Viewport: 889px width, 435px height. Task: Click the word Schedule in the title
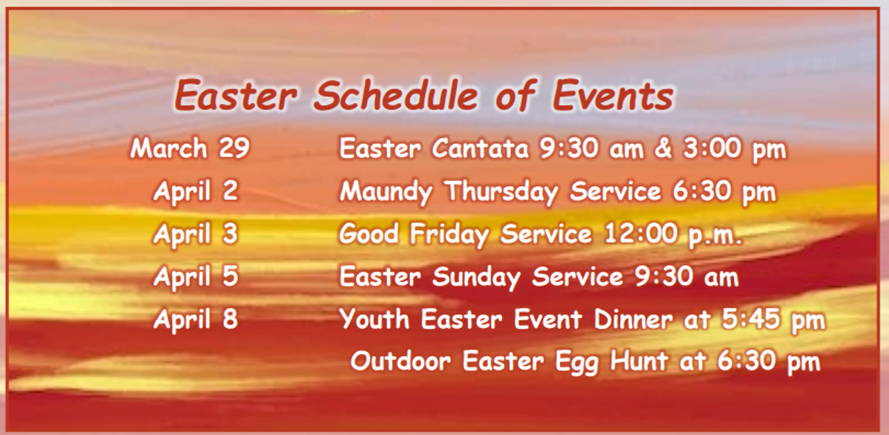point(395,95)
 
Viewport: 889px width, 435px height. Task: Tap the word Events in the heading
point(612,95)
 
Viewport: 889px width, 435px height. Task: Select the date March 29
point(189,149)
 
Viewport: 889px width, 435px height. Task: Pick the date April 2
point(196,191)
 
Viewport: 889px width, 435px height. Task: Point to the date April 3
point(196,234)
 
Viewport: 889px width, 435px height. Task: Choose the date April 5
point(196,277)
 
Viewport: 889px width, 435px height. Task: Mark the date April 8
point(196,320)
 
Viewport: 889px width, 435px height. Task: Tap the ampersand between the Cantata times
point(662,149)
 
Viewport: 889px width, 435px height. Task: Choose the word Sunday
point(477,277)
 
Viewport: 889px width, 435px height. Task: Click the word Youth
point(376,320)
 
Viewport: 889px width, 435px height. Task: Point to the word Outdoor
point(400,361)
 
